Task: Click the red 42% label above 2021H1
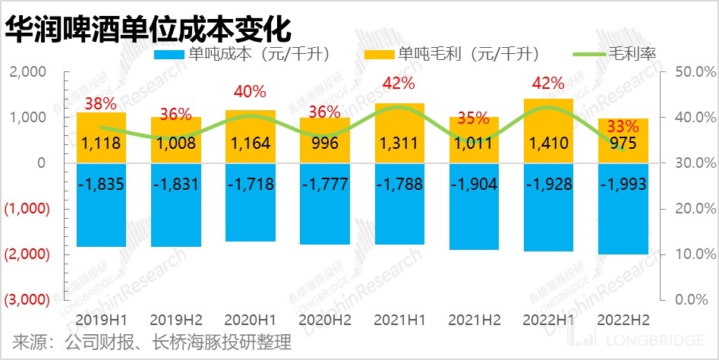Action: click(x=399, y=83)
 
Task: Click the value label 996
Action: click(x=324, y=143)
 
